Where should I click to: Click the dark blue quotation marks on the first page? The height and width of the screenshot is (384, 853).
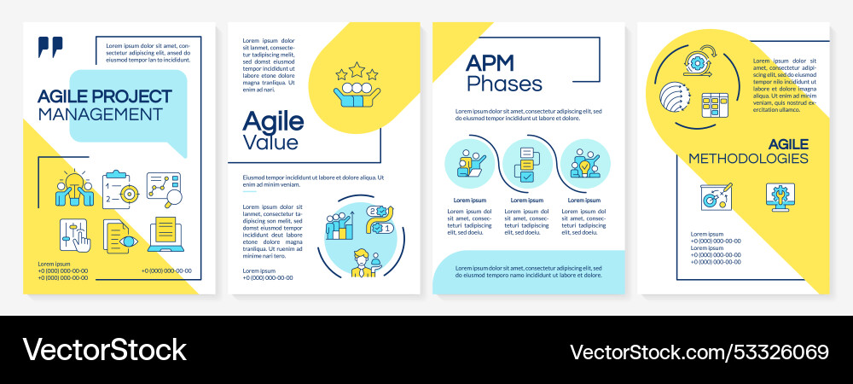50,47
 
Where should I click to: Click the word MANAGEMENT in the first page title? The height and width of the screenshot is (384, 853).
101,113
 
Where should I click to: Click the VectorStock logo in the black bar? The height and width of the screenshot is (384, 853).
104,350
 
